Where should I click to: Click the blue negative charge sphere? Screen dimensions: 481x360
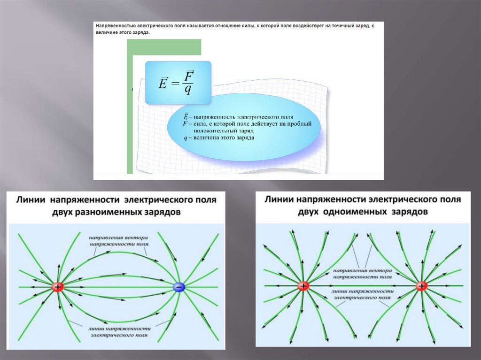point(179,287)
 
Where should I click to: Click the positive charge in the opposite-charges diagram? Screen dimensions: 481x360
point(58,287)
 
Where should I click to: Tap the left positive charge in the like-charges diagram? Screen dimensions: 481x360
point(303,286)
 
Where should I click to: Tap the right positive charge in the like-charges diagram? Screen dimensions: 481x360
point(421,286)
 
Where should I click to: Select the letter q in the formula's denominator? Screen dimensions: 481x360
point(188,90)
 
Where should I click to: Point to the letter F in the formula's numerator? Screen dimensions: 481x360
point(189,76)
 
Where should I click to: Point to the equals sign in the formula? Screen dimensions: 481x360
point(176,84)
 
